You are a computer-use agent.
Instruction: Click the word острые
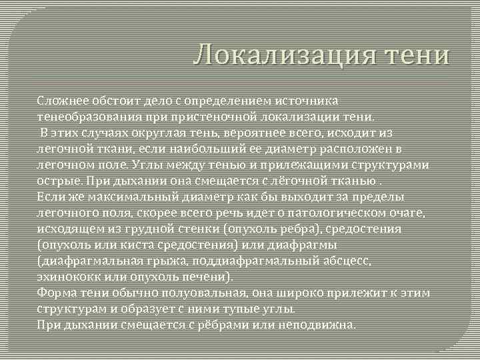point(55,179)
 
